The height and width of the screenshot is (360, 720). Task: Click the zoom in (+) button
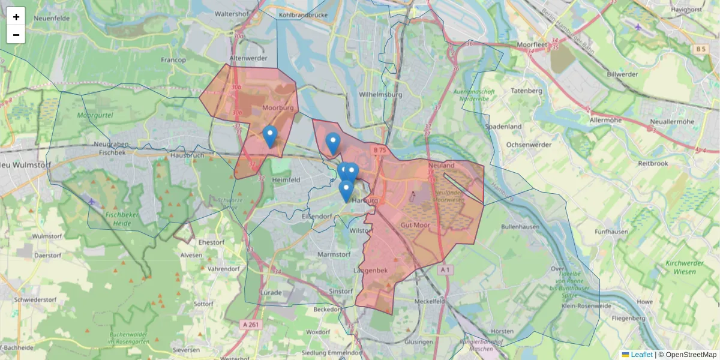tap(16, 17)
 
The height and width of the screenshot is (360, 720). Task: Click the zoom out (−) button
tap(16, 35)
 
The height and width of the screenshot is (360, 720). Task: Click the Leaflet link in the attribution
tap(641, 355)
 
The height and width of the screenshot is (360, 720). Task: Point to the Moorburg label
tap(278, 108)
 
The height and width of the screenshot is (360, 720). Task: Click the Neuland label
tap(442, 164)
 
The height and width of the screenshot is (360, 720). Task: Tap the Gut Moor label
tap(415, 224)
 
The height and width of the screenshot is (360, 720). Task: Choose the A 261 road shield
tap(251, 325)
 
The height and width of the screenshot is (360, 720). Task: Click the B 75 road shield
tap(379, 150)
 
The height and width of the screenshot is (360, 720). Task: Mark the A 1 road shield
tap(444, 270)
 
